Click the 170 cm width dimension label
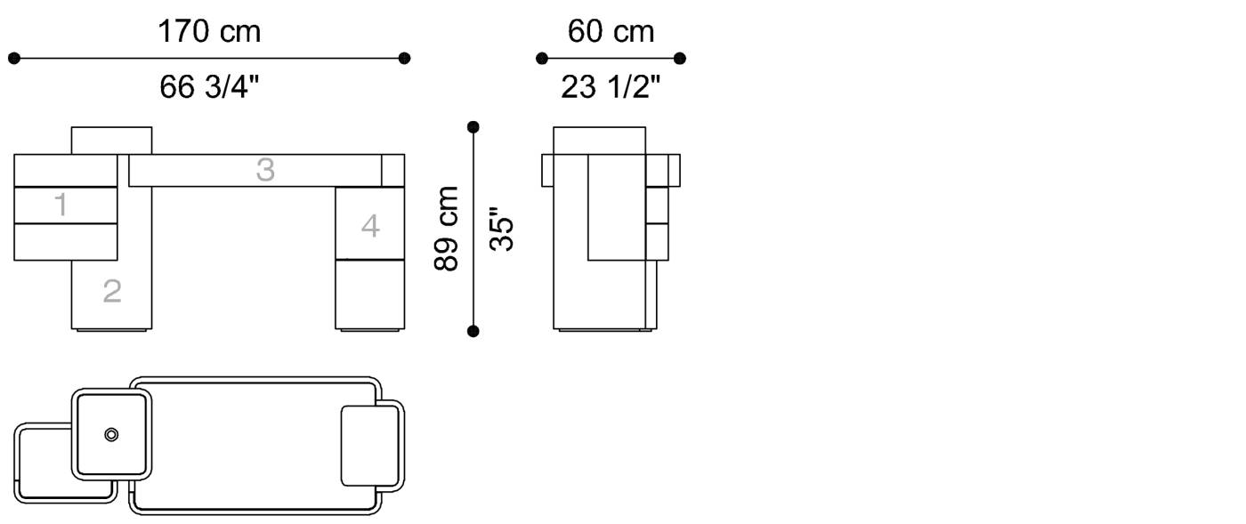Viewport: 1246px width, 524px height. coord(209,31)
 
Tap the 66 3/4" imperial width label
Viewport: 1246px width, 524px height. coord(209,87)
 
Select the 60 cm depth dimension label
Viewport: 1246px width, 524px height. coord(611,31)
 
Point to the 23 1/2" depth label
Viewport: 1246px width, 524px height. coord(611,87)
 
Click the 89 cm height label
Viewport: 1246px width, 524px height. coord(446,229)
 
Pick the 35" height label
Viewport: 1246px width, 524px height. coord(501,230)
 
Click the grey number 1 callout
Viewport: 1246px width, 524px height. coord(61,204)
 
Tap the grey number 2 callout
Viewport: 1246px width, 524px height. coord(112,291)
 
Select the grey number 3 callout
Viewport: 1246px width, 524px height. coord(265,170)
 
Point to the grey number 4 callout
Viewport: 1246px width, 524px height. coord(370,226)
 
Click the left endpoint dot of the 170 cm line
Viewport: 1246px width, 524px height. coord(14,59)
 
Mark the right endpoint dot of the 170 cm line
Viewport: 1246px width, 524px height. coord(404,59)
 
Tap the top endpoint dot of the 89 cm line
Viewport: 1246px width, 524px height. coord(473,127)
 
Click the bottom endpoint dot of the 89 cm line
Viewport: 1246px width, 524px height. coord(473,332)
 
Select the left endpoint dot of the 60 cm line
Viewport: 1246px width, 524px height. coord(542,59)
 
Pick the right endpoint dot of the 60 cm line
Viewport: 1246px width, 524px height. coord(680,59)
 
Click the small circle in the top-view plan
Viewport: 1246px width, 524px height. coord(111,434)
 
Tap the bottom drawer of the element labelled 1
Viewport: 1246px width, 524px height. coord(66,242)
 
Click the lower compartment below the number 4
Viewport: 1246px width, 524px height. coord(370,294)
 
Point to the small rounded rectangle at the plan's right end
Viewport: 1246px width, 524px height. coord(370,446)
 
